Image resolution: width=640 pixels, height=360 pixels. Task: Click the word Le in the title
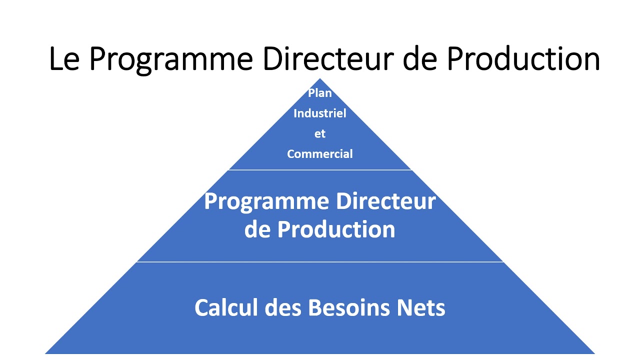click(64, 59)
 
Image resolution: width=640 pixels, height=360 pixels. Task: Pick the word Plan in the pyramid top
click(320, 93)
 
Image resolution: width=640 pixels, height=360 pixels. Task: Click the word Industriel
click(320, 113)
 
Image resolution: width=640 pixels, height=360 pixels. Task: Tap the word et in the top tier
click(320, 134)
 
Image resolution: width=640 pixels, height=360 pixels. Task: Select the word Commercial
click(320, 154)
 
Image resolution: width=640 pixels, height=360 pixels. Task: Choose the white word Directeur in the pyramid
click(385, 201)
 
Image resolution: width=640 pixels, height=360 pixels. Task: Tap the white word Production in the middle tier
click(336, 229)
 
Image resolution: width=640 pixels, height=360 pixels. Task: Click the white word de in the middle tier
click(257, 229)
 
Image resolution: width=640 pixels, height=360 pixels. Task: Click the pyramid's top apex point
click(320, 79)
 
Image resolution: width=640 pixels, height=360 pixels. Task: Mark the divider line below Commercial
click(320, 170)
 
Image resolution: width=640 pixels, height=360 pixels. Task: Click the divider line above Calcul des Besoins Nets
click(320, 261)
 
